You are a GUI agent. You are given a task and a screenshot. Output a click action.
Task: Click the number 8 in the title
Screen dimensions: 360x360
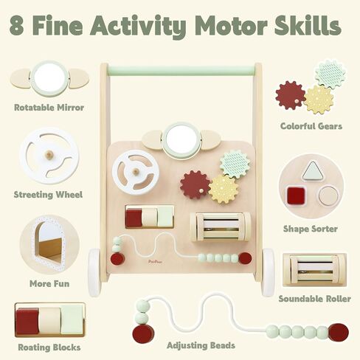point(17,25)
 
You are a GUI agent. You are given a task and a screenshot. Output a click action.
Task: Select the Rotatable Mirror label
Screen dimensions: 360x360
point(49,108)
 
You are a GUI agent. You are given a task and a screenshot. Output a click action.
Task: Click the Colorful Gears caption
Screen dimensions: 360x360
point(311,126)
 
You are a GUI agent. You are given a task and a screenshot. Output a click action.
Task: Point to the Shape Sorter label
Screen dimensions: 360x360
point(311,229)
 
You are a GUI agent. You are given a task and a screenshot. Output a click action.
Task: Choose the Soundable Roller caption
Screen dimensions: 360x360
point(314,299)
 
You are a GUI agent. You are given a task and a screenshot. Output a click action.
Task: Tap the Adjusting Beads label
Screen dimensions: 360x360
point(201,345)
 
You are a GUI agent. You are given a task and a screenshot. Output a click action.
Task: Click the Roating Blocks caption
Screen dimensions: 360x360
point(49,347)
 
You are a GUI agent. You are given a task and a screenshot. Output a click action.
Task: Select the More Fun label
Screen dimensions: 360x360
point(49,283)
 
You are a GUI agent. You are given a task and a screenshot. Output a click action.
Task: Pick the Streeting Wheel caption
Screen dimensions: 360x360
point(48,195)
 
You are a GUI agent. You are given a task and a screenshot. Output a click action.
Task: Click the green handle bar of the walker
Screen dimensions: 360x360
point(181,70)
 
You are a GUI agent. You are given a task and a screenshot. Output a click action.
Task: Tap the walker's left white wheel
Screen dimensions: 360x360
point(94,271)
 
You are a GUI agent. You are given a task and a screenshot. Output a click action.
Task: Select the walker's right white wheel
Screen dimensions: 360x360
point(268,271)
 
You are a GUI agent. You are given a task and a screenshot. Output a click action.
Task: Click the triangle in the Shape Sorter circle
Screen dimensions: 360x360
point(312,170)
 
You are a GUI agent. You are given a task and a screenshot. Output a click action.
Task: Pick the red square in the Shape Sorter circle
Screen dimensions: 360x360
point(296,195)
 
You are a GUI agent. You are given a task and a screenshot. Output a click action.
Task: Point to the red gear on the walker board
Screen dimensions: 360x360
point(195,185)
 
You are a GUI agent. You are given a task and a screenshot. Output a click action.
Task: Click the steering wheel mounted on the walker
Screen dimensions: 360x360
point(136,173)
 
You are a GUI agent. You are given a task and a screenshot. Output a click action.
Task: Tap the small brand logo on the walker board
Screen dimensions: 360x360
point(155,262)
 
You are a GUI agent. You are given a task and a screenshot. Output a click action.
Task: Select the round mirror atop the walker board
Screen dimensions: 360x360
point(181,139)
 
